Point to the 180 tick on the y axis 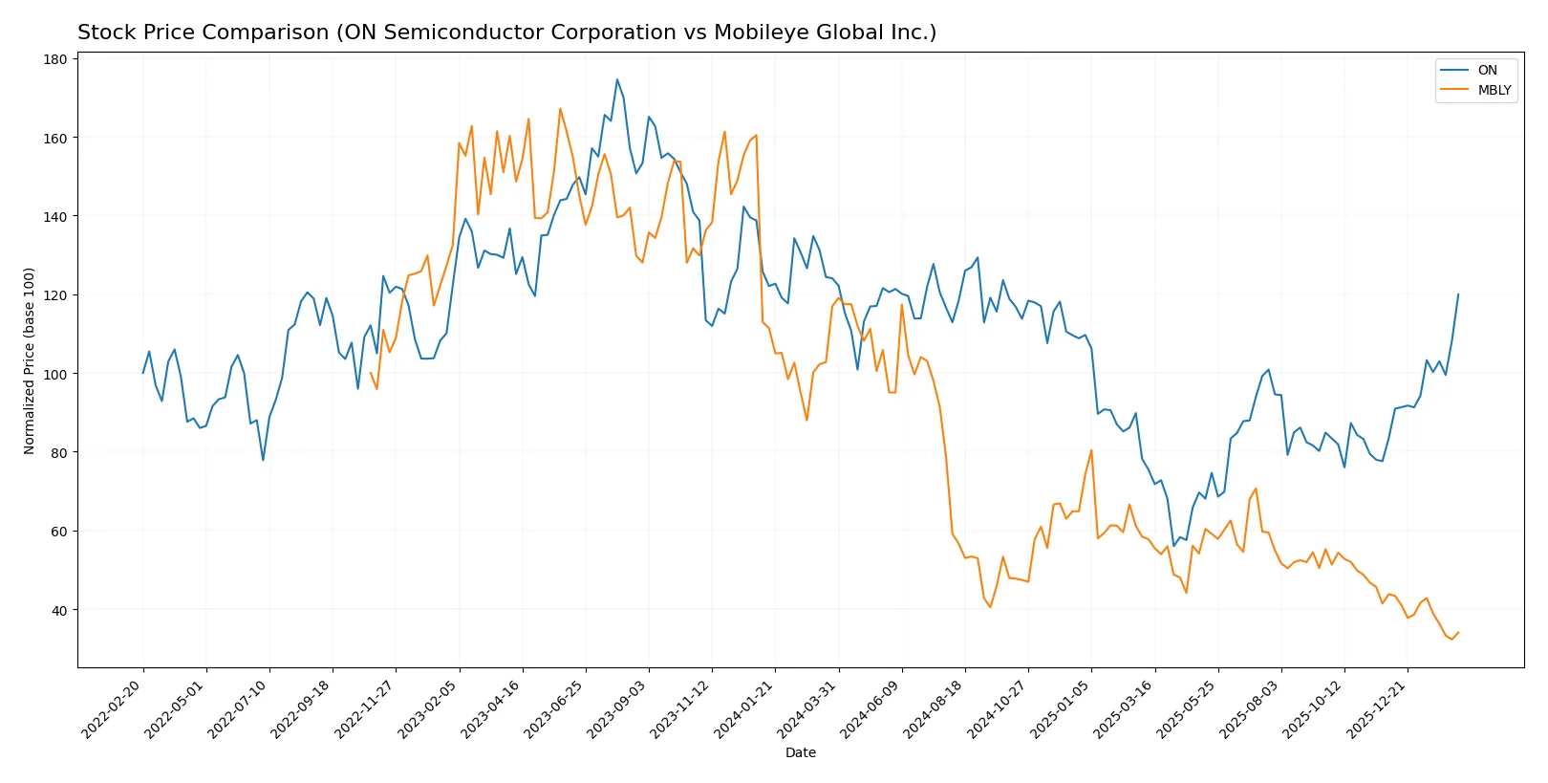pyautogui.click(x=55, y=59)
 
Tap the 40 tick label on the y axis pyautogui.click(x=59, y=610)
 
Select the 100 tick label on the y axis pyautogui.click(x=55, y=374)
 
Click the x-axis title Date pyautogui.click(x=800, y=752)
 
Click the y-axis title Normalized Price pyautogui.click(x=30, y=360)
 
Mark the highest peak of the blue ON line pyautogui.click(x=617, y=79)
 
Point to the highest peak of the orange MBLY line pyautogui.click(x=560, y=108)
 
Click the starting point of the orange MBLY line pyautogui.click(x=371, y=373)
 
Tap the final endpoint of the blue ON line pyautogui.click(x=1458, y=294)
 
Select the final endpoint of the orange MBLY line pyautogui.click(x=1458, y=632)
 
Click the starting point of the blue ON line pyautogui.click(x=143, y=373)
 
